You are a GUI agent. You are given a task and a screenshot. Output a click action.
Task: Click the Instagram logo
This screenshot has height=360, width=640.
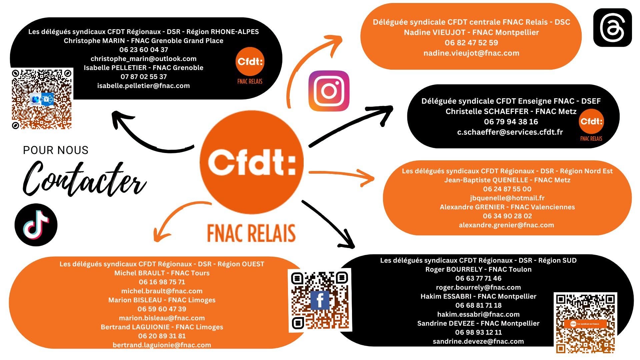(x=329, y=91)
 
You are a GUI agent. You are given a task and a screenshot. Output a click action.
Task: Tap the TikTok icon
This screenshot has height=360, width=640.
(x=36, y=225)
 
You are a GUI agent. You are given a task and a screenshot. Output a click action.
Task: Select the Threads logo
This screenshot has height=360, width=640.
(x=612, y=28)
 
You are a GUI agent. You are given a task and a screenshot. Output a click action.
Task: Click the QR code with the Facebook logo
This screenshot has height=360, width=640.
(x=320, y=300)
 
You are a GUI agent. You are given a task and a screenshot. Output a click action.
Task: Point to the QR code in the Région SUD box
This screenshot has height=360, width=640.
(x=585, y=323)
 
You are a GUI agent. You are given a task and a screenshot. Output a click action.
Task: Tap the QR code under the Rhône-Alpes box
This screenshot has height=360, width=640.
(x=42, y=99)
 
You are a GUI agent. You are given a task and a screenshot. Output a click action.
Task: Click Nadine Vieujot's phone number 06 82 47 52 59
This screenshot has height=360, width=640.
(x=471, y=43)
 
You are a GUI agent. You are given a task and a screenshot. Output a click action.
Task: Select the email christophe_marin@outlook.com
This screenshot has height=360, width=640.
(x=143, y=59)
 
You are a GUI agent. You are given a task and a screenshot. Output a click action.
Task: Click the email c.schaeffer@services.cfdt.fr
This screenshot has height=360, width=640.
(x=510, y=132)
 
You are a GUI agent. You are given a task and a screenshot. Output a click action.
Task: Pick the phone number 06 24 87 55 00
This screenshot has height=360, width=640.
(x=507, y=189)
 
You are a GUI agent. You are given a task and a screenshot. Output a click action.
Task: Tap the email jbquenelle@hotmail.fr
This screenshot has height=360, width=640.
(x=507, y=198)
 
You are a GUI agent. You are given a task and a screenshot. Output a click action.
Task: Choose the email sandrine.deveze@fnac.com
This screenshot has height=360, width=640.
(x=478, y=341)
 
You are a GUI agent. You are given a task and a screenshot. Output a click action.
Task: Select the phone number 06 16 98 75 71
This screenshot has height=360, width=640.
(x=162, y=282)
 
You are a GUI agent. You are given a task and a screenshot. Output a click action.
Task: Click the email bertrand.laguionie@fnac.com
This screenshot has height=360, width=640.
(x=162, y=345)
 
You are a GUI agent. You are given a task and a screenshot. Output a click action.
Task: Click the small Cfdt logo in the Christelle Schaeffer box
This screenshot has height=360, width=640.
(x=591, y=122)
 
